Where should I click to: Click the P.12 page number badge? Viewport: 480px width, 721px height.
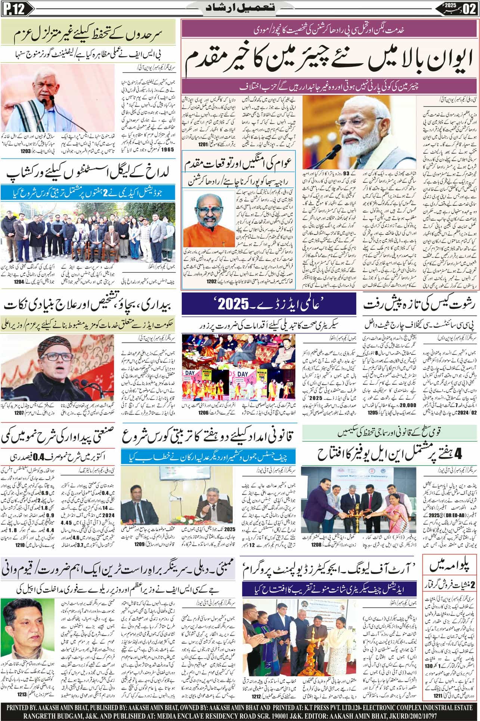coord(11,8)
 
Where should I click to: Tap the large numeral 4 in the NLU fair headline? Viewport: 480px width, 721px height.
coord(459,454)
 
